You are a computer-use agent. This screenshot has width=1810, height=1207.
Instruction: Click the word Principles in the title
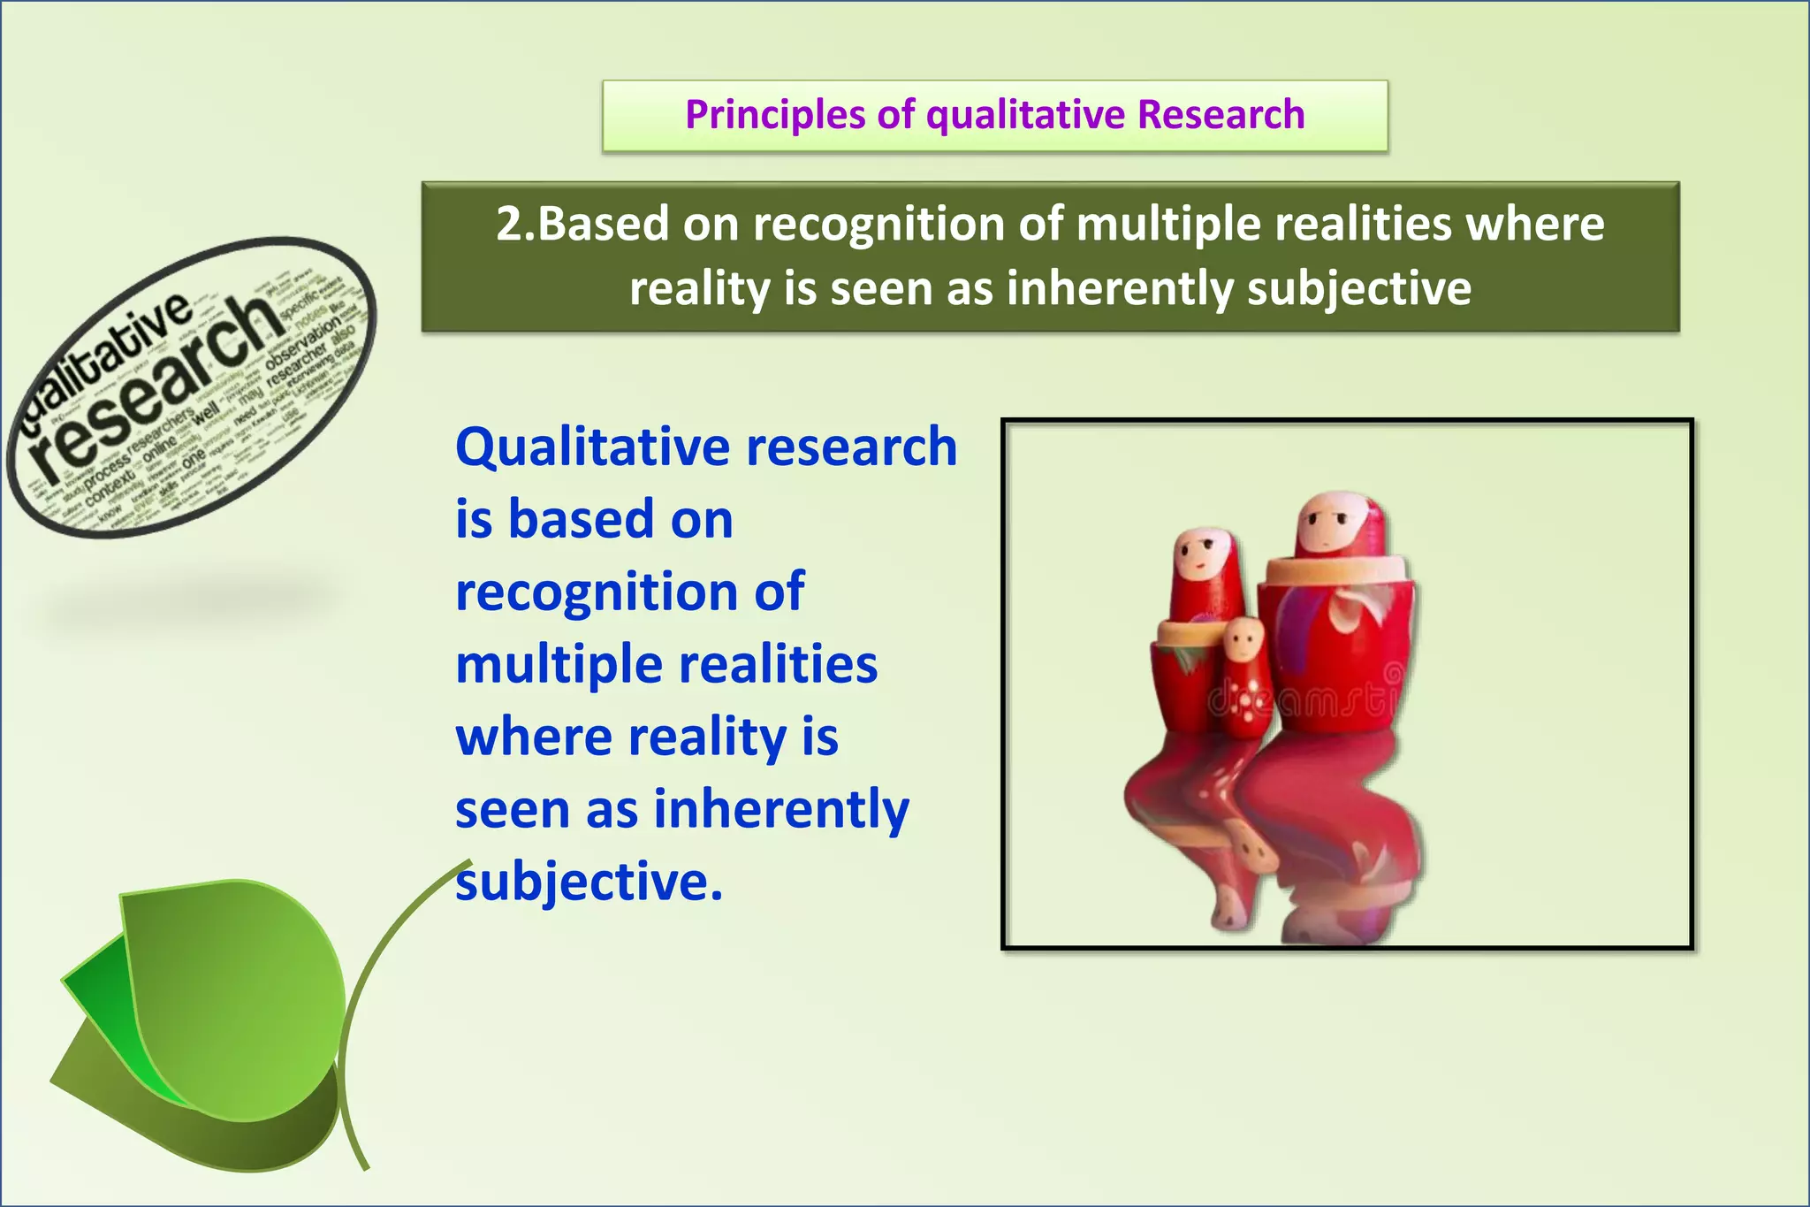(x=775, y=115)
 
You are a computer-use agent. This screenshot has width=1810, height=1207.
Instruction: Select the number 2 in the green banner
(x=511, y=224)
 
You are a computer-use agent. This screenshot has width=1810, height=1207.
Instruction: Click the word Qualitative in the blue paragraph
(x=592, y=447)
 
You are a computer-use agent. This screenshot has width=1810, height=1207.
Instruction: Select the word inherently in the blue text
(x=781, y=809)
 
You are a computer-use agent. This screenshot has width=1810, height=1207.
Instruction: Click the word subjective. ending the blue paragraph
(x=589, y=882)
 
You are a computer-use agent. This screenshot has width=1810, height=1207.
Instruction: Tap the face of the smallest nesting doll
(x=1244, y=638)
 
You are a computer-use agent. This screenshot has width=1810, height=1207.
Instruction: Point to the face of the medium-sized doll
(x=1199, y=555)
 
